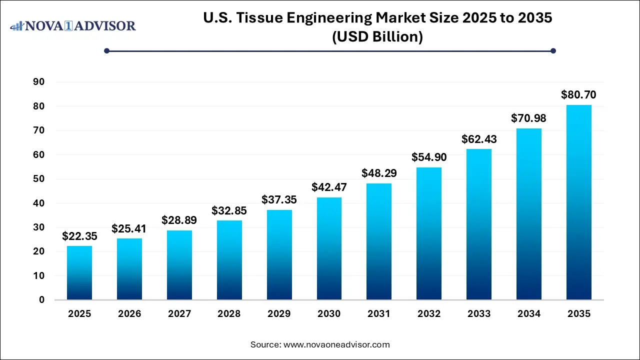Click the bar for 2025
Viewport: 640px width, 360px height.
point(79,272)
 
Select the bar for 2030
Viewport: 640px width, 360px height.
point(329,248)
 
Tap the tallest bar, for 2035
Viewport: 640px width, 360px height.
point(578,202)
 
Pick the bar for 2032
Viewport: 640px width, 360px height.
point(429,233)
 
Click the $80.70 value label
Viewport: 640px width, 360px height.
point(578,94)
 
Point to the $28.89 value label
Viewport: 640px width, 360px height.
point(179,220)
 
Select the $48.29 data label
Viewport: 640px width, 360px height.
point(379,173)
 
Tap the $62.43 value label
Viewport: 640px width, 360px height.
point(479,138)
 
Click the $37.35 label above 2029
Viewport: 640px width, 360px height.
point(279,199)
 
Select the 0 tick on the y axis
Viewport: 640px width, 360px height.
point(42,300)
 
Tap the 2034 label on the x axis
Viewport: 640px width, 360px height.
point(529,314)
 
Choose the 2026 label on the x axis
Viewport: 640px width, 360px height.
point(129,314)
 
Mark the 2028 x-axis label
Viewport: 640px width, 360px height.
point(229,314)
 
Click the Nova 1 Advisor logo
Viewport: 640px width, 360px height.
point(73,25)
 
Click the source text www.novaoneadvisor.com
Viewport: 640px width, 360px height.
point(336,344)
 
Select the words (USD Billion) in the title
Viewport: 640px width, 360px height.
point(377,37)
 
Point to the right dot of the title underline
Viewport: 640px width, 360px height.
point(553,50)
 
